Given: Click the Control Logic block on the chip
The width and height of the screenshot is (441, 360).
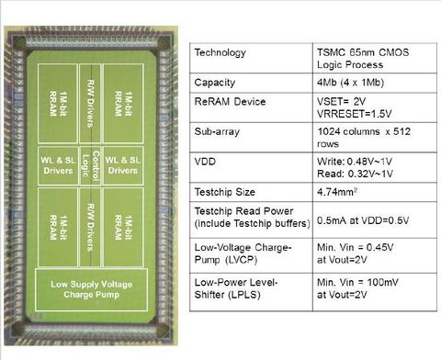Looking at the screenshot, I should coord(90,163).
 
